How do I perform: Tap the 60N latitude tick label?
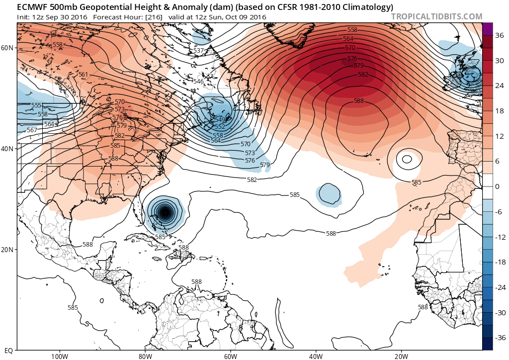(7, 48)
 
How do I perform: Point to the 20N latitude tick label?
(7, 250)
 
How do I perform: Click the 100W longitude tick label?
(59, 356)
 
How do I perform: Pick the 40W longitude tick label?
(316, 356)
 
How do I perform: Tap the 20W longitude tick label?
(401, 356)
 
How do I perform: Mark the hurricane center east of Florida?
(165, 213)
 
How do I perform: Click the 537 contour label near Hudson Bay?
(198, 51)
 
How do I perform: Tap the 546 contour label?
(198, 82)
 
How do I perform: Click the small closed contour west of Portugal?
(407, 159)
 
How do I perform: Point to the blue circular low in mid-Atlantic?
(329, 193)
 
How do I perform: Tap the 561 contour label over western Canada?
(83, 75)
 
